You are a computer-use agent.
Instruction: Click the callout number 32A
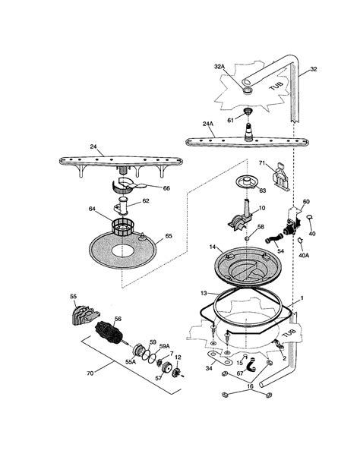[x=219, y=67]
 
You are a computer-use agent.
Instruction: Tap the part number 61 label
[x=230, y=121]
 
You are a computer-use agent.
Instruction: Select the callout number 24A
[x=208, y=124]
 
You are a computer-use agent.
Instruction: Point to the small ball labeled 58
[x=247, y=238]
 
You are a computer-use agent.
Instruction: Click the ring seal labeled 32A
[x=248, y=90]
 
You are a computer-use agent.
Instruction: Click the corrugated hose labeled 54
[x=273, y=238]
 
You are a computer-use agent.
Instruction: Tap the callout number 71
[x=261, y=163]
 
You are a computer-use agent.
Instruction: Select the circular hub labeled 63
[x=246, y=181]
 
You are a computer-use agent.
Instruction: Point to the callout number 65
[x=169, y=236]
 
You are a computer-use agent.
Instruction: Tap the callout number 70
[x=90, y=373]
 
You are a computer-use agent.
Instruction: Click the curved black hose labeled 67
[x=251, y=365]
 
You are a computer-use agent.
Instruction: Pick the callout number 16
[x=250, y=386]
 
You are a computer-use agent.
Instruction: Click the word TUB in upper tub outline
[x=276, y=87]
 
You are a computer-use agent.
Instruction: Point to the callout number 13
[x=204, y=293]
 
